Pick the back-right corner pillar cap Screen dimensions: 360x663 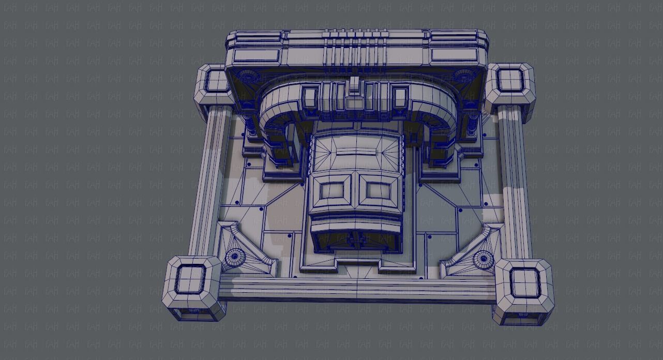coord(510,81)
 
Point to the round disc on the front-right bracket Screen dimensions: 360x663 coord(483,258)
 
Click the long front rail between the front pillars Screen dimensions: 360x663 coord(357,289)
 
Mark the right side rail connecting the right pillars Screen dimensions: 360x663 coord(514,181)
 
